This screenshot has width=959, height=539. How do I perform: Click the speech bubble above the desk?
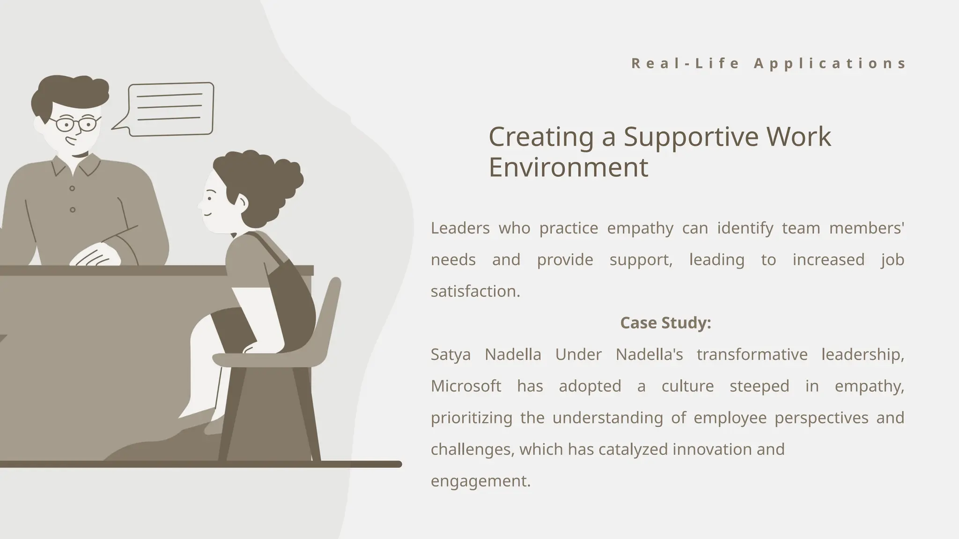(171, 109)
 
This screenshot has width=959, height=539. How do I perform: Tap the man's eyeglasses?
(75, 124)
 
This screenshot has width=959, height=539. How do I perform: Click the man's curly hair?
(70, 91)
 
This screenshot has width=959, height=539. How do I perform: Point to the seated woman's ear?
(241, 202)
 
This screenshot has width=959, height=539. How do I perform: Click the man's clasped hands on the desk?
(96, 255)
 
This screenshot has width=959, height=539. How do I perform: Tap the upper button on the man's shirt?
(72, 189)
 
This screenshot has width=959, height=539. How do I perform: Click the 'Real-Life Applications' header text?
(768, 63)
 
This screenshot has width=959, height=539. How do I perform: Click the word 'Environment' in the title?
(568, 167)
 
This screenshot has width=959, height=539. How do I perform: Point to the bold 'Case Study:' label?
(665, 323)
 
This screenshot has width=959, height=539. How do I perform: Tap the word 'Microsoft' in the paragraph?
(466, 386)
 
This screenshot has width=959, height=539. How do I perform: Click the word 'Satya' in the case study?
(450, 354)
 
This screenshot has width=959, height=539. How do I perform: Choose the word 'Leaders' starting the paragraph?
(460, 228)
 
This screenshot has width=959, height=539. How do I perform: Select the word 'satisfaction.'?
(475, 291)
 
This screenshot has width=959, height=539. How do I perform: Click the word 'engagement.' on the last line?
(480, 481)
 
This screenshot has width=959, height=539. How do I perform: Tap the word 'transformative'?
(752, 354)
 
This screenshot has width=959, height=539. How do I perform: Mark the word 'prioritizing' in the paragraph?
(471, 417)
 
